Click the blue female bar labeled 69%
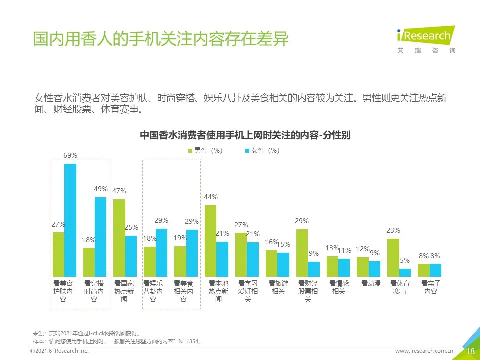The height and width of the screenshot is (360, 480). click(x=70, y=220)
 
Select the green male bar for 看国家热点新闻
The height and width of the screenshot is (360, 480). click(x=119, y=238)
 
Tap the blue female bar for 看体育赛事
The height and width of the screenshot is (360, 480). click(x=405, y=273)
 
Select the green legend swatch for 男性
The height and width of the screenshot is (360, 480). click(x=190, y=151)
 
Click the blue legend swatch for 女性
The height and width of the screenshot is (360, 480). click(x=247, y=151)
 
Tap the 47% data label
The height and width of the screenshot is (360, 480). click(x=119, y=191)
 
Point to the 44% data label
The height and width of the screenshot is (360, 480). click(x=210, y=197)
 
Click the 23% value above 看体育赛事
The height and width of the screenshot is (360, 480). click(x=393, y=230)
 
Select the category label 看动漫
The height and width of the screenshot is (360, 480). click(x=371, y=283)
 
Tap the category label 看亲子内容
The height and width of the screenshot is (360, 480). click(x=430, y=287)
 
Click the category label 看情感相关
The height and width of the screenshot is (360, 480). click(x=339, y=287)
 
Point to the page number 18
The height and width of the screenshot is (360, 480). click(x=470, y=351)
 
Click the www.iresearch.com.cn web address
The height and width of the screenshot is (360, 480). click(x=424, y=351)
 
